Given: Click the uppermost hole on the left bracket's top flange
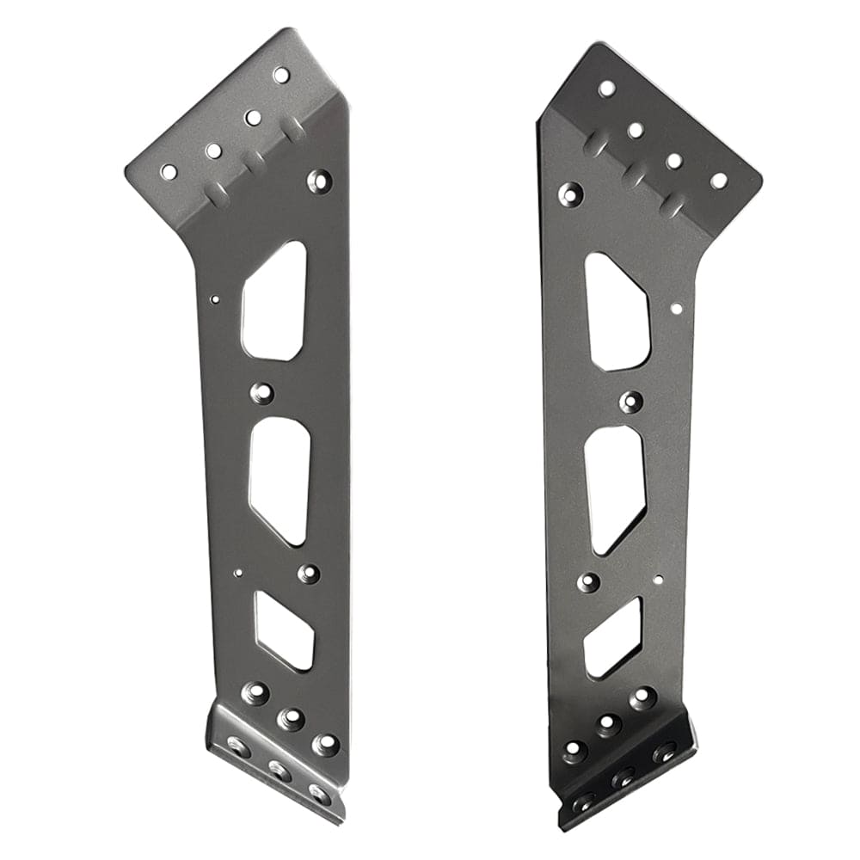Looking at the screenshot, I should point(281,75).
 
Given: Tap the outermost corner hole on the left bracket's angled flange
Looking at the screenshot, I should point(169,172).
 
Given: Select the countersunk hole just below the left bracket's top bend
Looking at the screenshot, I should point(320,181).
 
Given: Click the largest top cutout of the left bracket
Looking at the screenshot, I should point(274,301).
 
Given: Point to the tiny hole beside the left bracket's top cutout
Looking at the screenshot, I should point(215,299).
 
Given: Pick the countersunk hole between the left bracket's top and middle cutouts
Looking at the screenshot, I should point(261,394).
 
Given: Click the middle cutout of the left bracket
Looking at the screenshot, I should point(280,480).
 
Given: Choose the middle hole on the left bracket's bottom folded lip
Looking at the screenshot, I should point(280,768).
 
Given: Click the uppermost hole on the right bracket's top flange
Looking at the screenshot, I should point(606,88).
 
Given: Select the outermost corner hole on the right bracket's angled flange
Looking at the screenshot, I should point(718,181).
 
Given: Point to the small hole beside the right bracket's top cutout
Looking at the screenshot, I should point(676,307).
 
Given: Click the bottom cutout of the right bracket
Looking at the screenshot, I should point(612,637).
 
